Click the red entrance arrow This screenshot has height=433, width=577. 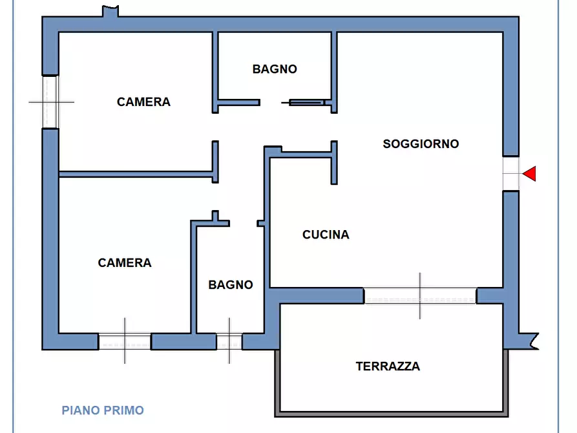(x=530, y=173)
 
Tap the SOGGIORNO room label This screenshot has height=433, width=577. (x=421, y=143)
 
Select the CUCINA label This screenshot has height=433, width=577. (x=326, y=235)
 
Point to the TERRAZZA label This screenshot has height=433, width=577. (x=388, y=366)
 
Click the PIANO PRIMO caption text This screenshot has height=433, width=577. (x=103, y=410)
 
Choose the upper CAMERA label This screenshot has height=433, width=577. (x=143, y=102)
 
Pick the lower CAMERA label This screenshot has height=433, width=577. (x=125, y=262)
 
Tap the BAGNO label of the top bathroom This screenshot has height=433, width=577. (x=275, y=69)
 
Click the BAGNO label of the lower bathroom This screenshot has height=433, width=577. (x=231, y=284)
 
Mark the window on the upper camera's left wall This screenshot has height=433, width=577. (x=50, y=101)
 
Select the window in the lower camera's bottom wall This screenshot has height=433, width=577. (x=125, y=341)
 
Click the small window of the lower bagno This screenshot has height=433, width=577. (x=229, y=341)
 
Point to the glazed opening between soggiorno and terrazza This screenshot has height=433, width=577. (x=420, y=296)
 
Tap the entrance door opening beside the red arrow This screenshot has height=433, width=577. (x=510, y=173)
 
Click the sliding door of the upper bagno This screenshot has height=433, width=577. (x=307, y=102)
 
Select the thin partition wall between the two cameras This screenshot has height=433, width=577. (x=136, y=173)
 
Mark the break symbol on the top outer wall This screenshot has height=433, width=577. (x=110, y=12)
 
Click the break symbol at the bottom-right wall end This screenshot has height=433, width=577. (x=530, y=341)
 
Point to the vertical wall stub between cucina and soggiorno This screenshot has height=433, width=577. (x=334, y=163)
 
